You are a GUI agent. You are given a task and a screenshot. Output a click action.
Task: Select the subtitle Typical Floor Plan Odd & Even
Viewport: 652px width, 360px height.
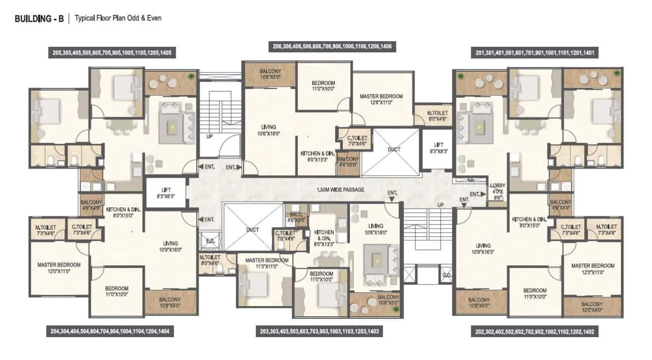pos(118,18)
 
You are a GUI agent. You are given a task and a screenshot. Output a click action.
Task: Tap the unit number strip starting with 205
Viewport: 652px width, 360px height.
pos(113,52)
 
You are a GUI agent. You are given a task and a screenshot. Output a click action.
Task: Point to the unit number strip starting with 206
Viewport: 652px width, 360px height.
pos(332,47)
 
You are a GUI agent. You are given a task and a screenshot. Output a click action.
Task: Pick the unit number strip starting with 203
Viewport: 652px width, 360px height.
pos(319,331)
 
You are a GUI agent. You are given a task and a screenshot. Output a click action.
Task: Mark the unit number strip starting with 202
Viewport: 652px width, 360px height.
pos(535,331)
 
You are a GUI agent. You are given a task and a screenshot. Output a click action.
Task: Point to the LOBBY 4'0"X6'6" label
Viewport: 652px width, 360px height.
pos(497,190)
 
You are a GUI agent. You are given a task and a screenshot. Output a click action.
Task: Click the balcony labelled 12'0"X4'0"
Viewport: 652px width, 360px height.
pos(592,307)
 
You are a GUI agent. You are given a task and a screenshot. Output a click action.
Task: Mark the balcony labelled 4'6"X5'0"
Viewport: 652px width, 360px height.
pos(348,162)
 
